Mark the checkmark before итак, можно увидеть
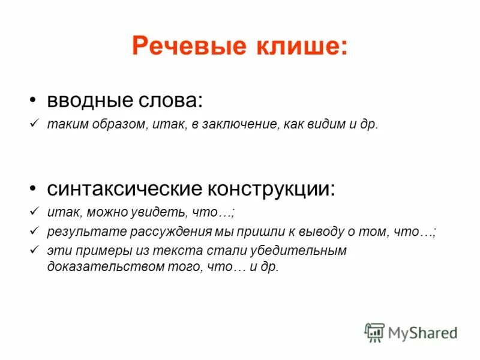[34, 212]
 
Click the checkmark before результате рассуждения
[34, 231]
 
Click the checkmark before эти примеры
[34, 250]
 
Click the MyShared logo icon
[374, 332]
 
